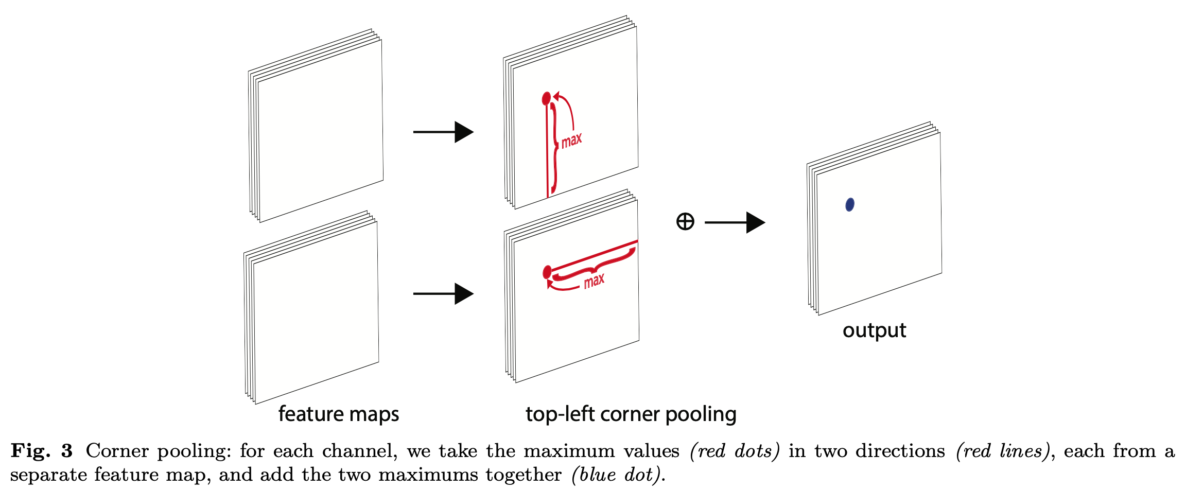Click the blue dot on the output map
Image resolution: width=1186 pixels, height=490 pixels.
click(850, 204)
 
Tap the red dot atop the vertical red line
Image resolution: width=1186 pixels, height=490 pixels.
click(547, 98)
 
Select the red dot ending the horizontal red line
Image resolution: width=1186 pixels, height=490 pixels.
click(547, 272)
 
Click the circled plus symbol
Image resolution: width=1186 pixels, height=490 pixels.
click(685, 222)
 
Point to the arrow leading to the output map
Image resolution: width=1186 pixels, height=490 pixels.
click(735, 222)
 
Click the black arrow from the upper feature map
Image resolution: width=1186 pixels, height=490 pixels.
click(443, 132)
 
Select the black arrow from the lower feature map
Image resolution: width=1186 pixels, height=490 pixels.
click(443, 294)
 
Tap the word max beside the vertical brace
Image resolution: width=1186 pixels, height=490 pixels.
click(571, 140)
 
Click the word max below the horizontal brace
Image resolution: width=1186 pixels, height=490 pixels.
click(594, 281)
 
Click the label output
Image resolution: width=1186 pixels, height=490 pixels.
click(874, 330)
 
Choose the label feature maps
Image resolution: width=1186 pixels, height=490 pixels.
click(339, 414)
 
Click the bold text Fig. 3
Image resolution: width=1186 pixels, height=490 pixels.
click(42, 451)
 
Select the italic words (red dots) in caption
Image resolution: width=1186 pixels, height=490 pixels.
click(735, 451)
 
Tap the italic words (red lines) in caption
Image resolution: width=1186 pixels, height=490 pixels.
click(1002, 451)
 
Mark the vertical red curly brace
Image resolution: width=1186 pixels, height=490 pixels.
click(554, 147)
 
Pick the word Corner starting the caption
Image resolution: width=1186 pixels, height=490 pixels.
click(117, 451)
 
